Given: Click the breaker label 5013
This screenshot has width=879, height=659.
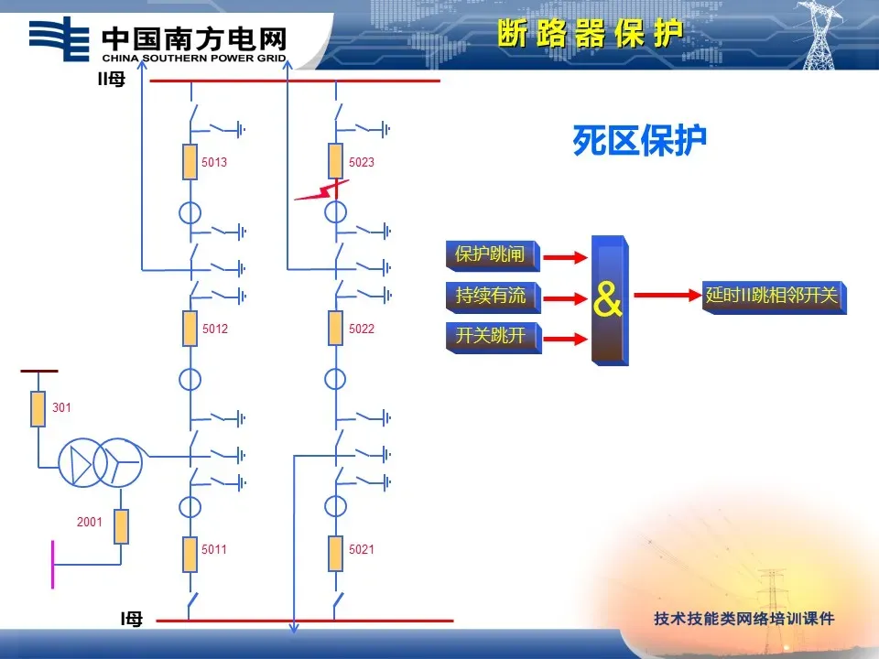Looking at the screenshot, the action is click(214, 162).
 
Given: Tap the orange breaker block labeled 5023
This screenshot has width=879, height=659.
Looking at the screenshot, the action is click(336, 161).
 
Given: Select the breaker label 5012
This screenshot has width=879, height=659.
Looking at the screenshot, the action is click(214, 329).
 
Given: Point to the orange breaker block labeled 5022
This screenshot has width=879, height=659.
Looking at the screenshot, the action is click(335, 328).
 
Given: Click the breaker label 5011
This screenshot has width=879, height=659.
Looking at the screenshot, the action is click(214, 549).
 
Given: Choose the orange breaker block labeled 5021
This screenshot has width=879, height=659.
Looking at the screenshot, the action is click(335, 554).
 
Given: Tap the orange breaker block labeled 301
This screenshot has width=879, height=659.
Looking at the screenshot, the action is click(38, 409).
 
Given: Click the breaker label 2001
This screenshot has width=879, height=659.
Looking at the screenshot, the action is click(90, 522).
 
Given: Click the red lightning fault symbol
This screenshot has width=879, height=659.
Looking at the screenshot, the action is click(321, 190).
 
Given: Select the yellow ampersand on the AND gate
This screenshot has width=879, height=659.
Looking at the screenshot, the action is click(608, 299).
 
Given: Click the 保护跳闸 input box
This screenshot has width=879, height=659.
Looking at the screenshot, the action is click(493, 255).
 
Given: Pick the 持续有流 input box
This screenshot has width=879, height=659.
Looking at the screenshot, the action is click(494, 297).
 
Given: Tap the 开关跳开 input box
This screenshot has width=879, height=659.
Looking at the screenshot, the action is click(494, 338).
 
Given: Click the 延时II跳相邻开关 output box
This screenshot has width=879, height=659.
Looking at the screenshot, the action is click(775, 297).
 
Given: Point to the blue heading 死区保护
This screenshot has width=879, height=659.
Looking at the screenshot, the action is click(640, 140).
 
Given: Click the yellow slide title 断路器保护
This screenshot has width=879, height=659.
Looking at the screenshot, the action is click(591, 34).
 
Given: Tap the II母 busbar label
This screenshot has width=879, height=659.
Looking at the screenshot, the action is click(112, 79).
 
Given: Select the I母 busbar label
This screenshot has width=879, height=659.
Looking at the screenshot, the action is click(131, 619).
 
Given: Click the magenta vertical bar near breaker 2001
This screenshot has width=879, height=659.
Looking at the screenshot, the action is click(53, 565).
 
